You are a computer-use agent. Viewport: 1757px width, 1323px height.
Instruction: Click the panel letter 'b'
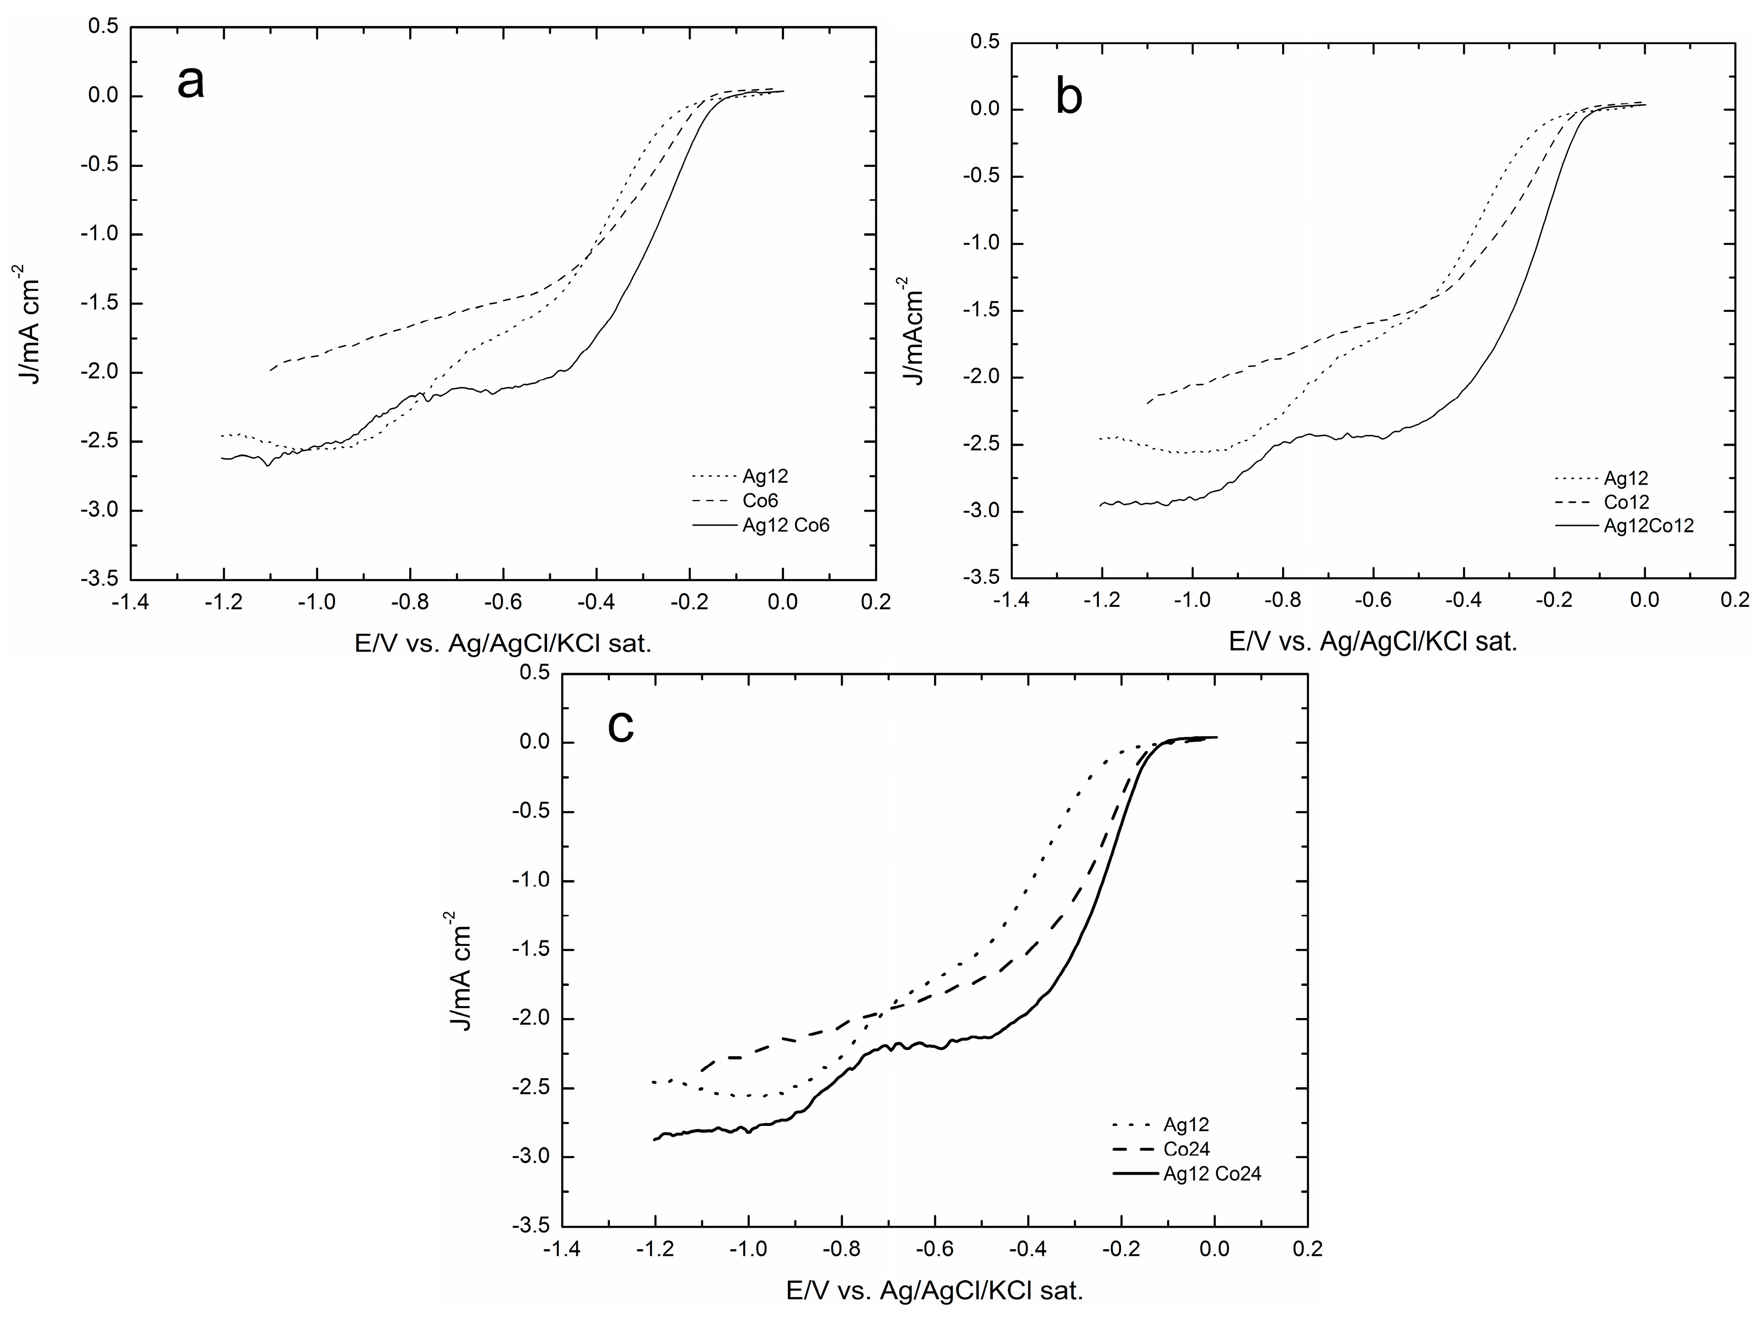pos(1069,98)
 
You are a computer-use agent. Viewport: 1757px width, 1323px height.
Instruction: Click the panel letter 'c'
pos(620,726)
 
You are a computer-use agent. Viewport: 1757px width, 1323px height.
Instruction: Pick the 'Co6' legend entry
pos(760,501)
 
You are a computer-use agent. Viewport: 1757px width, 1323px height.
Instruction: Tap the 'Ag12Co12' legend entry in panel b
pos(1648,526)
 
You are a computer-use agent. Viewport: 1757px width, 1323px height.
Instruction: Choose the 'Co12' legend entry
pos(1626,502)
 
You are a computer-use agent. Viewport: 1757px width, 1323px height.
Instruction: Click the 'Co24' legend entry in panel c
pos(1187,1149)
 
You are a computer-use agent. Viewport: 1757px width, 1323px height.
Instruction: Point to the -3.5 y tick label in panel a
pos(101,578)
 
